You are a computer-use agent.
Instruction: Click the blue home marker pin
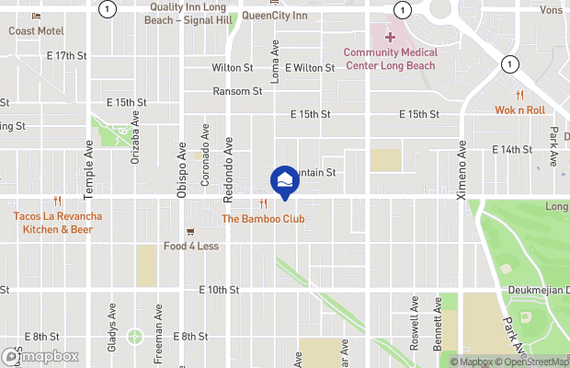284,181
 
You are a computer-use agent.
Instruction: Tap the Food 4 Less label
191,246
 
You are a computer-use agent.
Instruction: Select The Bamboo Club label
263,219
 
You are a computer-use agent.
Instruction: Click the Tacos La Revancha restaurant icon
57,201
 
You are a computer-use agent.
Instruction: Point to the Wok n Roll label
520,109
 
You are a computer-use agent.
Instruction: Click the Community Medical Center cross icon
390,36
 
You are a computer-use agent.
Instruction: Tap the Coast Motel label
36,30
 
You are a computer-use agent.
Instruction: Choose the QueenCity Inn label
275,16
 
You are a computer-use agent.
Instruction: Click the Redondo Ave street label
229,157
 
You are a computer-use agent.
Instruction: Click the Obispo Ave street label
182,170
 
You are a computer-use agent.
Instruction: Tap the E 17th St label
64,56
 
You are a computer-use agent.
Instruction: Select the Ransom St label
237,91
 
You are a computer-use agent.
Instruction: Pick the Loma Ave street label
274,61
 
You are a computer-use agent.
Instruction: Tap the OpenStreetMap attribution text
530,362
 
